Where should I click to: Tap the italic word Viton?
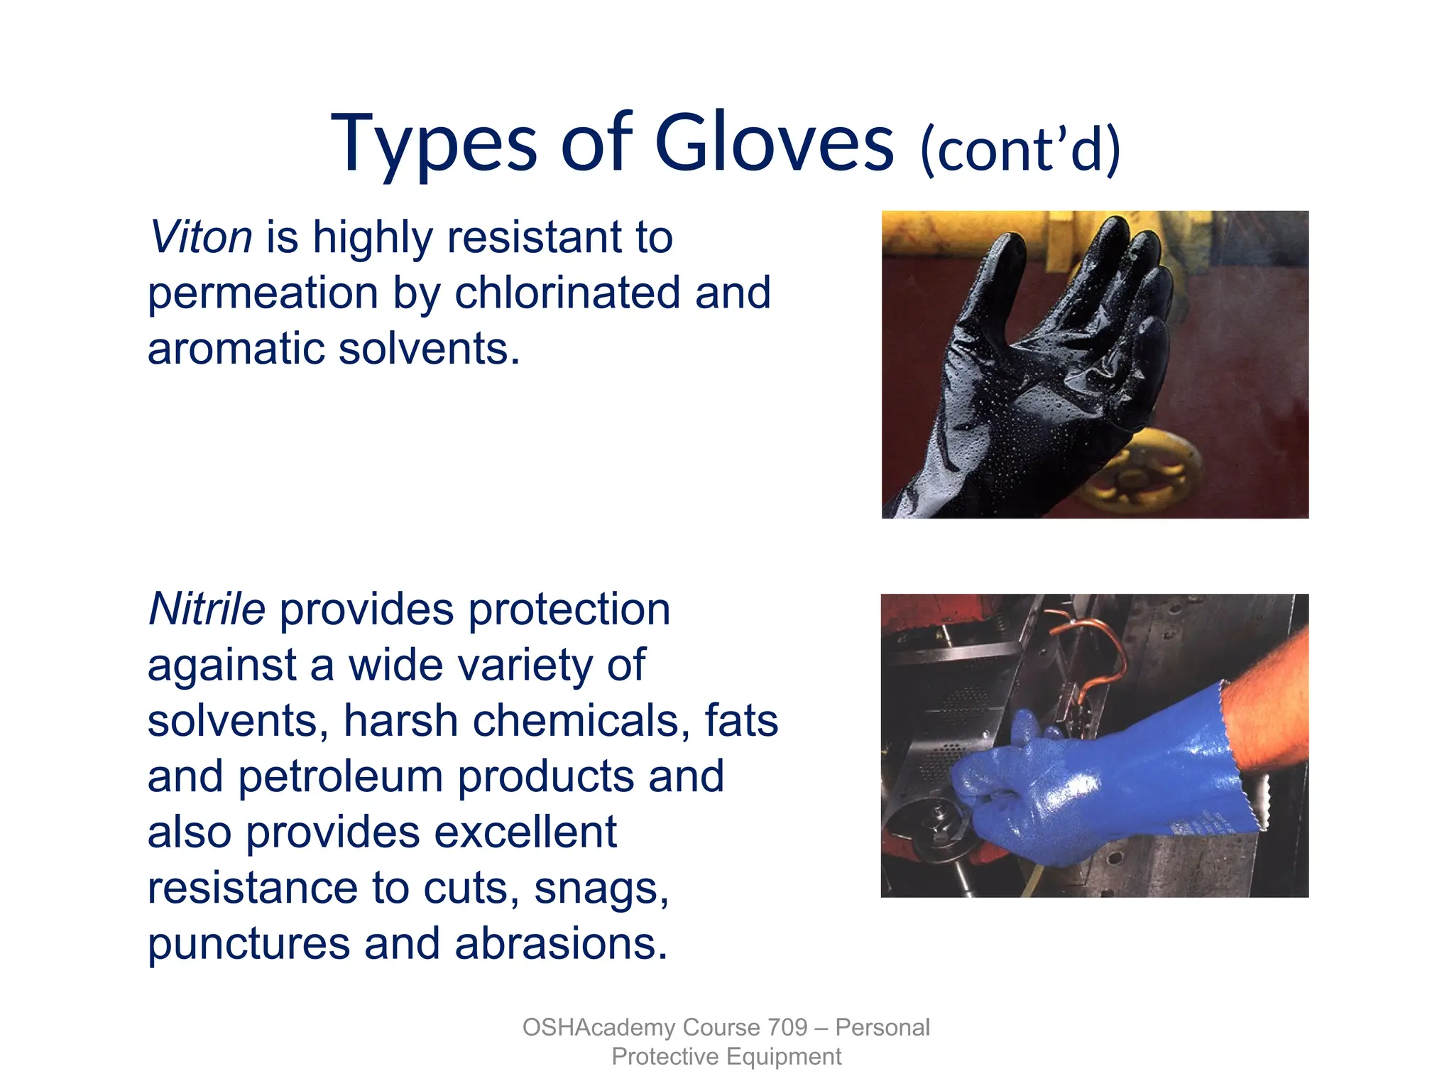(201, 237)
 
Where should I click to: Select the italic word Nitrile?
(207, 609)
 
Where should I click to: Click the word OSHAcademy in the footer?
(598, 1027)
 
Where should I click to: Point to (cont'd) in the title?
(1020, 150)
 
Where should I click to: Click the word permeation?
(263, 294)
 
